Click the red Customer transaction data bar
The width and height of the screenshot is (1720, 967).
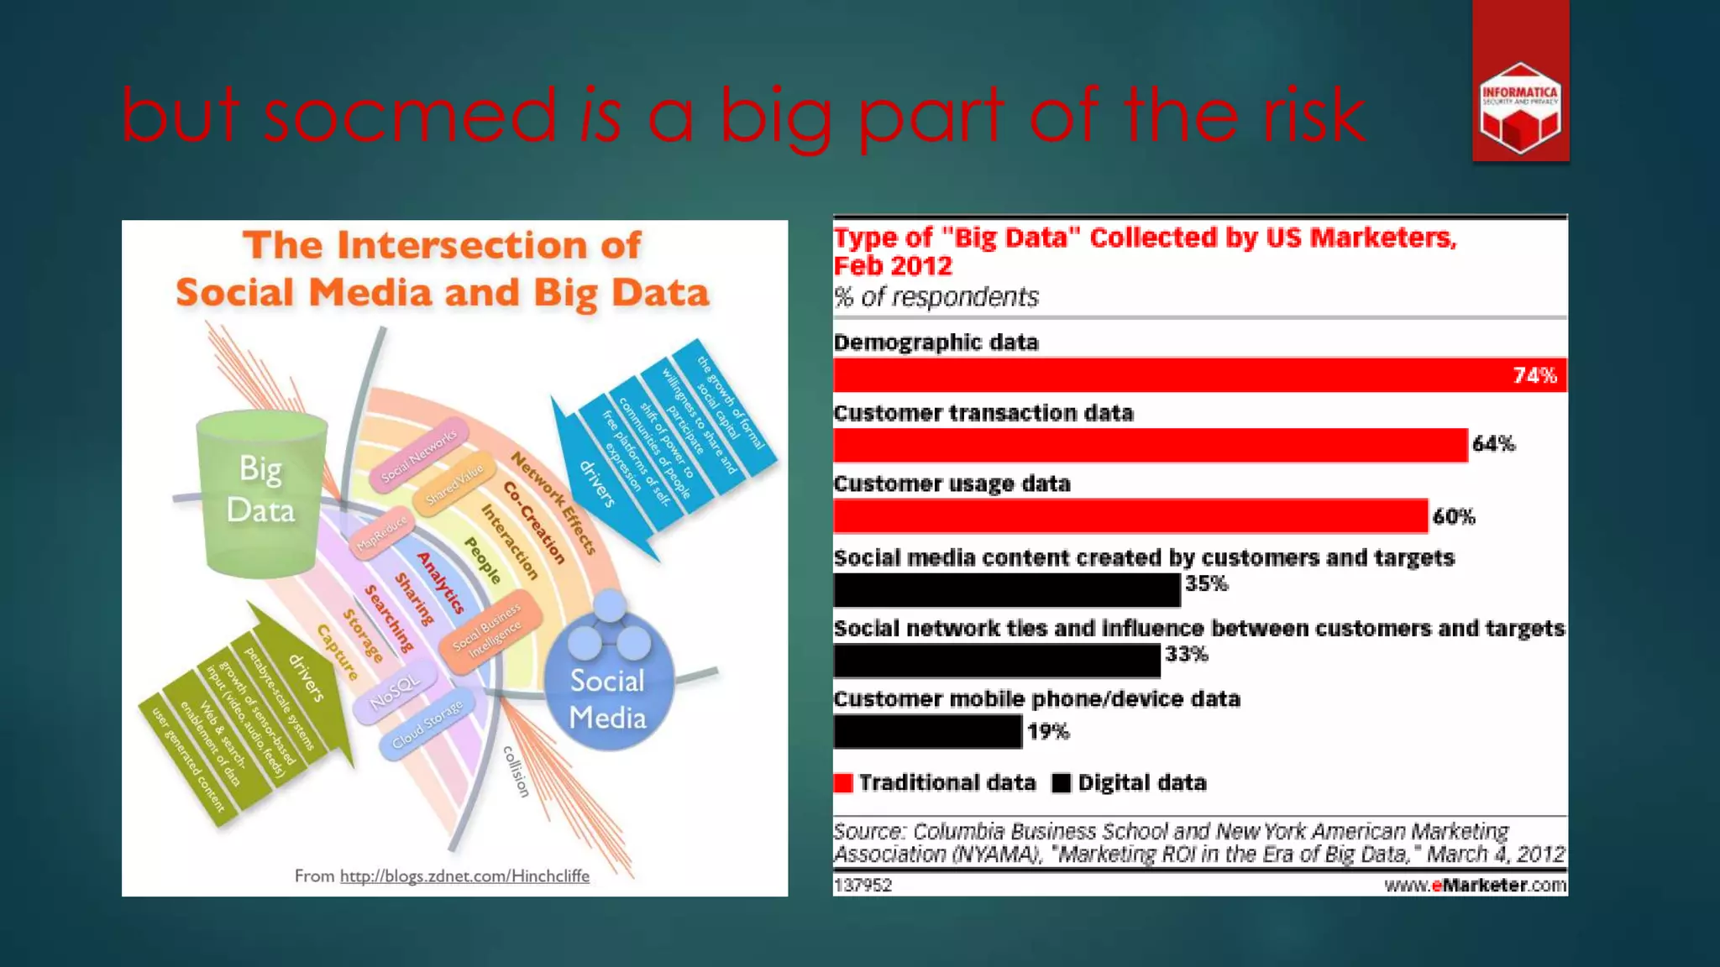1151,445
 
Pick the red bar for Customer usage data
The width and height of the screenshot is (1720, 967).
1130,515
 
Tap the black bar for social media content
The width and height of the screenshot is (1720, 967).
1006,589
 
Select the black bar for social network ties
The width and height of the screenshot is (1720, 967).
997,661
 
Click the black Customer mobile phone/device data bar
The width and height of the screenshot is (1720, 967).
927,732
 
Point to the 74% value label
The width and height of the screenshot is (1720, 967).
1534,375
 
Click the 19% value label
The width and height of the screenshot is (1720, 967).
1048,732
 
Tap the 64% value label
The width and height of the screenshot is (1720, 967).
1493,444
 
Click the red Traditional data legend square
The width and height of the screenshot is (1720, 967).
843,783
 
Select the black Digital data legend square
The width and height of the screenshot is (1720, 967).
1062,783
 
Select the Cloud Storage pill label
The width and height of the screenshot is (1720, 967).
427,724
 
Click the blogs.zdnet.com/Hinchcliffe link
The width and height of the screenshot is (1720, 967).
464,876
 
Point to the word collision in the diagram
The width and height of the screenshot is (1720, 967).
517,771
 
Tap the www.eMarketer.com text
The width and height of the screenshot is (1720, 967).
1475,885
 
